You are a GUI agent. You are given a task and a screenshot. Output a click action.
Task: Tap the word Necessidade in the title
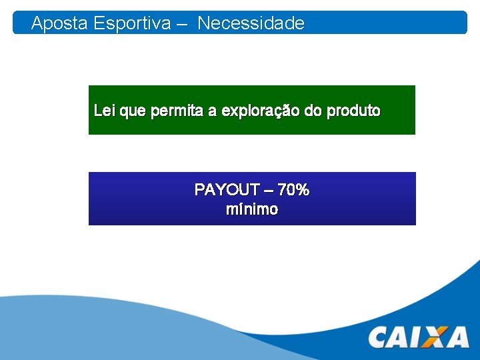click(251, 24)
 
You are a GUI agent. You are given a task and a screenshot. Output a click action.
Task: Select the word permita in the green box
click(177, 111)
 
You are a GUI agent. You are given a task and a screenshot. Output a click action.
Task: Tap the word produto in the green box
click(353, 111)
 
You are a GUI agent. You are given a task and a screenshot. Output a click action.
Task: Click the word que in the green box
click(133, 111)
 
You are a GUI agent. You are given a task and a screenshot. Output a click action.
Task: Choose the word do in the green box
click(313, 111)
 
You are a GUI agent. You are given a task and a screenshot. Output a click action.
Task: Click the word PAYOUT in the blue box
click(220, 190)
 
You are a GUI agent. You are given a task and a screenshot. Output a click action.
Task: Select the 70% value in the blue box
click(293, 190)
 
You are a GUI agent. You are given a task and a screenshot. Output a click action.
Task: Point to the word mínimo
click(252, 209)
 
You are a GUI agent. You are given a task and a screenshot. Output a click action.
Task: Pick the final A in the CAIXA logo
click(457, 337)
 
